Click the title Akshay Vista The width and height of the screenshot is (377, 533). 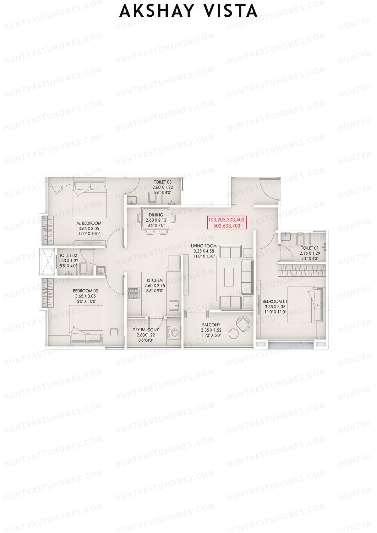[x=188, y=11]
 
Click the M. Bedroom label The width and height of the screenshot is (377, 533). [x=89, y=223]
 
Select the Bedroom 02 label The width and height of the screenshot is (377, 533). [x=85, y=291]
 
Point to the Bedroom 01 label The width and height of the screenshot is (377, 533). [x=275, y=302]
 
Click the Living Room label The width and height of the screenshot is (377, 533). [x=204, y=246]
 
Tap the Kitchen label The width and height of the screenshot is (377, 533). [x=155, y=280]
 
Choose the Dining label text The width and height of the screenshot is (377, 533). [x=156, y=215]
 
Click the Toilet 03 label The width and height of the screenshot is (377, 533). [x=162, y=182]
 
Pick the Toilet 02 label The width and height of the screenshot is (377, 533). [x=68, y=256]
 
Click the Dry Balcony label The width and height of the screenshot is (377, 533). [x=145, y=330]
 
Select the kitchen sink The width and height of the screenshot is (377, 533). [x=174, y=305]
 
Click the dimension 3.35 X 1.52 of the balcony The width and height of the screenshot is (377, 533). [x=211, y=330]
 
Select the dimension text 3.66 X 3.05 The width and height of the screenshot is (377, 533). [x=89, y=229]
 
